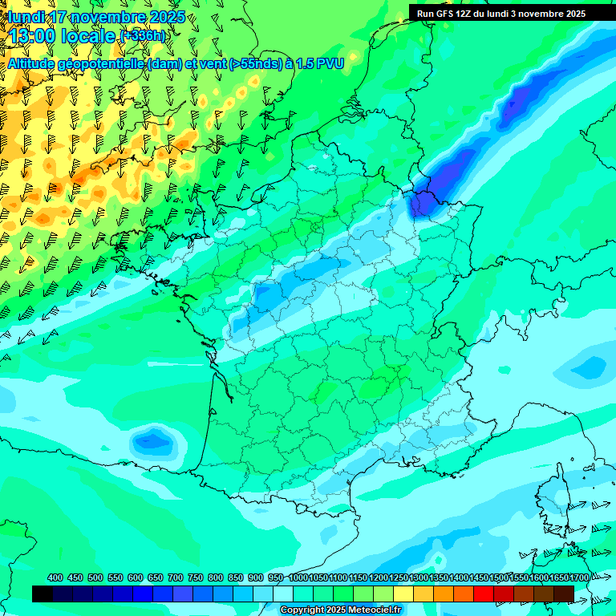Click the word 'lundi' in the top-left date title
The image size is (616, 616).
[x=24, y=17]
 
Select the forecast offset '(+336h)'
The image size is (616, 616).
[x=143, y=36]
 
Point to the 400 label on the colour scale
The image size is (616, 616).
[x=55, y=578]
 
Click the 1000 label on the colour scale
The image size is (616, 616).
[x=298, y=578]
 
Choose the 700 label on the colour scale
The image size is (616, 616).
[x=175, y=578]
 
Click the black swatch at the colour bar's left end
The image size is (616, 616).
[x=43, y=594]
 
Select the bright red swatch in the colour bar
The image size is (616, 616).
[x=484, y=594]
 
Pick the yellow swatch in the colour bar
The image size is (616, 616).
[x=403, y=594]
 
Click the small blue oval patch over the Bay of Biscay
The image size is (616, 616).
[x=152, y=440]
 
